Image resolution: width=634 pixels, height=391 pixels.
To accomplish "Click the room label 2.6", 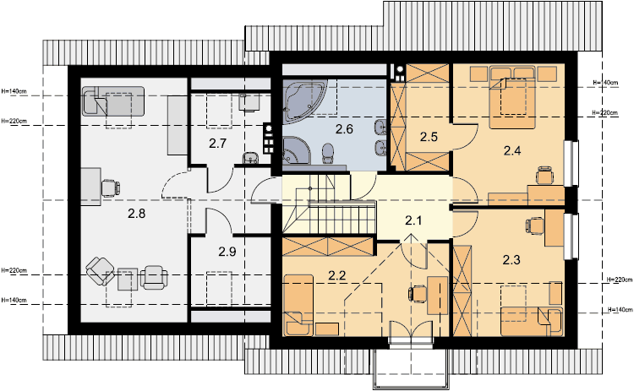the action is [344, 129].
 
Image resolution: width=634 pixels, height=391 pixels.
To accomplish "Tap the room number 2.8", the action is [137, 214].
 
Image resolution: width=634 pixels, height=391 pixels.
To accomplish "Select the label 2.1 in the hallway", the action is [413, 220].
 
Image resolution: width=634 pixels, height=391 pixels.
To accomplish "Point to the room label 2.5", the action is [429, 137].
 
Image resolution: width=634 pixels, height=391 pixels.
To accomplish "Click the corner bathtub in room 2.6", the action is [301, 99].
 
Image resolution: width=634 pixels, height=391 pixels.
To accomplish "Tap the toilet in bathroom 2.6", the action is [328, 154].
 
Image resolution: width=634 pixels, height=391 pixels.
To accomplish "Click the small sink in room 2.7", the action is [251, 158].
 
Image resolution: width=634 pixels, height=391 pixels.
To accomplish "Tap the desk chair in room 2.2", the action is [418, 293].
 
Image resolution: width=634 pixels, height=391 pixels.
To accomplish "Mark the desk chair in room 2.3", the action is [535, 225].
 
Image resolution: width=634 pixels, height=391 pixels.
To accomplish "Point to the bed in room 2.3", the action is [532, 322].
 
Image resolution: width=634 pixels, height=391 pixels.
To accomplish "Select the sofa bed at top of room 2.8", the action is [113, 101].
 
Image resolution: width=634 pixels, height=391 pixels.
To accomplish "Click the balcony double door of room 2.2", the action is [411, 333].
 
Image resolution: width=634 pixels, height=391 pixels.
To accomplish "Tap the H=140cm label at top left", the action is [14, 91].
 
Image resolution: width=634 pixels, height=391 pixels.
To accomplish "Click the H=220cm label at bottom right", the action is [620, 280].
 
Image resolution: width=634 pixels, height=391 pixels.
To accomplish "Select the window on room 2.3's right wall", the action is [571, 236].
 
